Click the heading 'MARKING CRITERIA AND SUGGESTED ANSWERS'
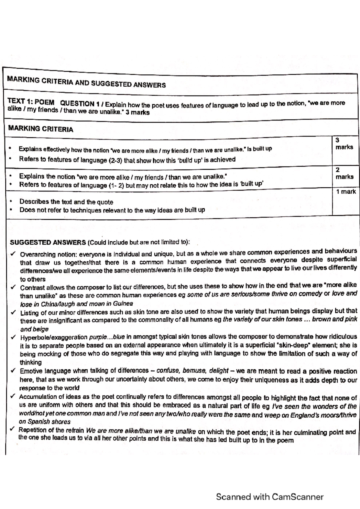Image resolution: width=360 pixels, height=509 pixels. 86,82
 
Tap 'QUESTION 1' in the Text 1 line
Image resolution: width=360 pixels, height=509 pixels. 80,103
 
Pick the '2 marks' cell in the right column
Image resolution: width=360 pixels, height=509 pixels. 344,173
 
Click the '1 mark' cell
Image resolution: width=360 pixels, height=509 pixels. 346,192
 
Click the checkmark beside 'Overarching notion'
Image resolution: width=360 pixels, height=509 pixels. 13,254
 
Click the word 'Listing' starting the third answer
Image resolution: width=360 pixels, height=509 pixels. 29,313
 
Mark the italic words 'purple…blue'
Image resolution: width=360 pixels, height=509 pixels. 107,337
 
